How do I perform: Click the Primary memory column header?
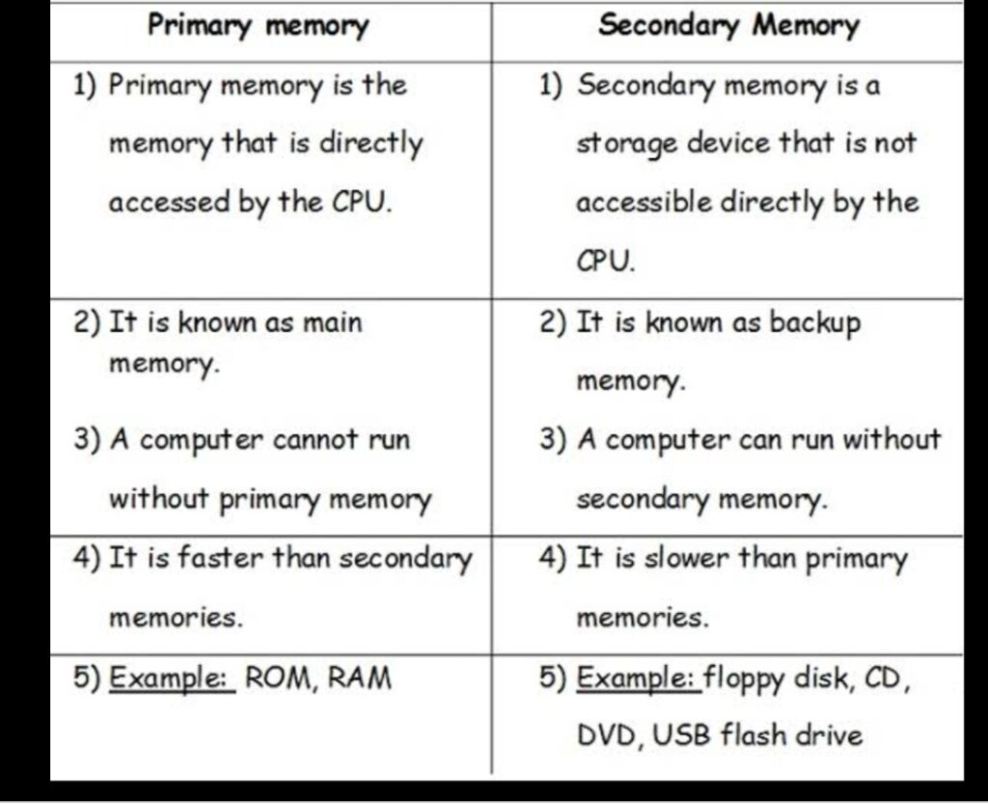pyautogui.click(x=258, y=27)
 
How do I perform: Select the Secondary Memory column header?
pyautogui.click(x=729, y=27)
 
